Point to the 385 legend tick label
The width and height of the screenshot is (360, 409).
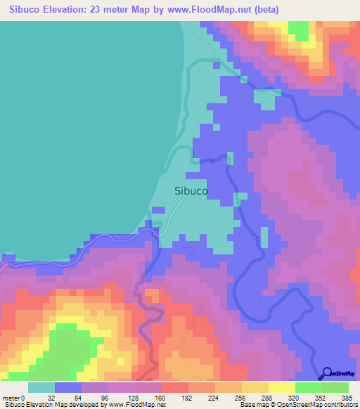point(349,397)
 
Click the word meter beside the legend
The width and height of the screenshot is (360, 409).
point(12,397)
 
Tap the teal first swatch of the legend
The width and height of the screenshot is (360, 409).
point(41,387)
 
